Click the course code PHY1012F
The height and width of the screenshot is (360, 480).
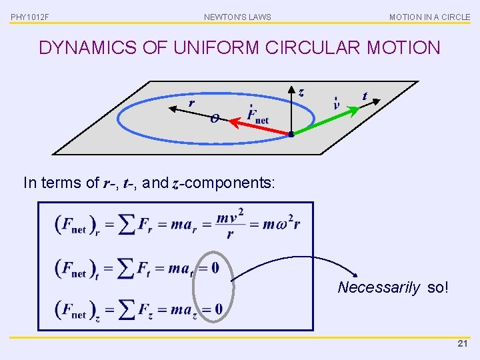pos(30,17)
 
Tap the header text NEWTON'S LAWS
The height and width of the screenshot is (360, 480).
pos(237,17)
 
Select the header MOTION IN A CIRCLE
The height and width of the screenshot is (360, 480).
pos(429,17)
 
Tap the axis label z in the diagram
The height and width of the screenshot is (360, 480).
pos(301,93)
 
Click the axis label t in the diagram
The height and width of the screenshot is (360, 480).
pos(365,96)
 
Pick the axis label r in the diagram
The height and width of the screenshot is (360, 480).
pos(191,103)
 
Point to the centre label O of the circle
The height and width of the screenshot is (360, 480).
pos(214,119)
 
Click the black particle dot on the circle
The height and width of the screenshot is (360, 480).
pos(291,135)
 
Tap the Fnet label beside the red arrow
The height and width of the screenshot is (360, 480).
pos(257,115)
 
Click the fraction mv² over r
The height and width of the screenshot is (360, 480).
pos(230,223)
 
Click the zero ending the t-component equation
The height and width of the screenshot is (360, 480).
pos(215,268)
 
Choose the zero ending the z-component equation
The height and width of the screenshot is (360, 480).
pos(218,309)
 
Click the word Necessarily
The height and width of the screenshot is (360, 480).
pos(379,288)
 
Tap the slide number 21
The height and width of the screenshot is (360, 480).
pos(463,344)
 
